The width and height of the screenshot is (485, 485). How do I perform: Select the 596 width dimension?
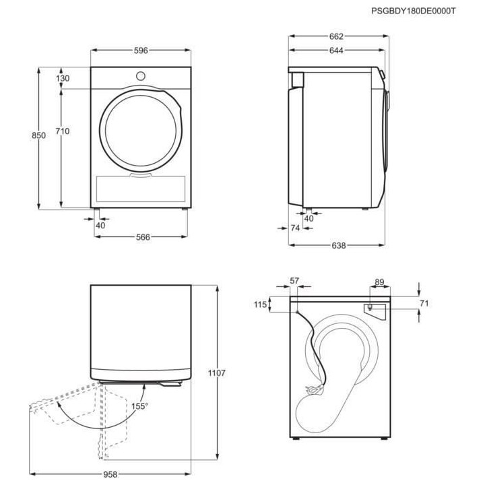[141, 51]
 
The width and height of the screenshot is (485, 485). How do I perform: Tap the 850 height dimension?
[39, 135]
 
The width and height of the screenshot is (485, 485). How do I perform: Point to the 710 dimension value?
[63, 131]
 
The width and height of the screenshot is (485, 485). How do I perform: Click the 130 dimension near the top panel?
[63, 79]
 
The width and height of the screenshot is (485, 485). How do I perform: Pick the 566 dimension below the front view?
[142, 236]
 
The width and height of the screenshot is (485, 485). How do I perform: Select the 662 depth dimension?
[337, 36]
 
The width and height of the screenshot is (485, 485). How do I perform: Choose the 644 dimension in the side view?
[337, 51]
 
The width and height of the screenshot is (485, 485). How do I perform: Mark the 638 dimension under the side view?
[338, 246]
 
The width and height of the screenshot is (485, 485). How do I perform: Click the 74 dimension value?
[294, 228]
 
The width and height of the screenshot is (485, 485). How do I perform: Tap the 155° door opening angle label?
[139, 406]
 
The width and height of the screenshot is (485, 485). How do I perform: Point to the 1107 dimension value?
[217, 373]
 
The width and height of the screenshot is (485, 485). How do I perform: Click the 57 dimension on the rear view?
[294, 280]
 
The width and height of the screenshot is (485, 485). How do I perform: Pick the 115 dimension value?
[261, 305]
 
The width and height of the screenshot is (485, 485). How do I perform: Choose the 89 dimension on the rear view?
[379, 282]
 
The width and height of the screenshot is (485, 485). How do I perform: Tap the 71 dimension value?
[424, 304]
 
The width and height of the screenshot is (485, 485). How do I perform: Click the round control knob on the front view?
[141, 75]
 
